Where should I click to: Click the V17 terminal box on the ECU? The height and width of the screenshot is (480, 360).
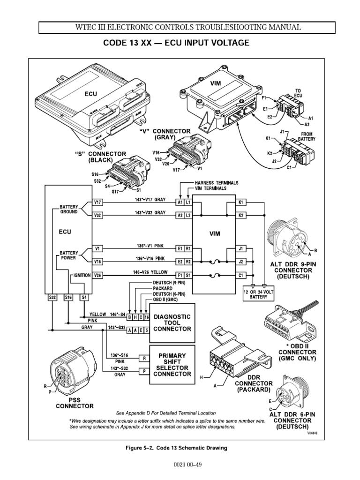coord(97,202)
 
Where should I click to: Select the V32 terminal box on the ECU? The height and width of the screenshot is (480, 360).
coord(97,216)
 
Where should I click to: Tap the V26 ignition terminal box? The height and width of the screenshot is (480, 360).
coord(97,276)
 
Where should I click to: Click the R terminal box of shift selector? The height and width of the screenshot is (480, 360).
coord(144,358)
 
